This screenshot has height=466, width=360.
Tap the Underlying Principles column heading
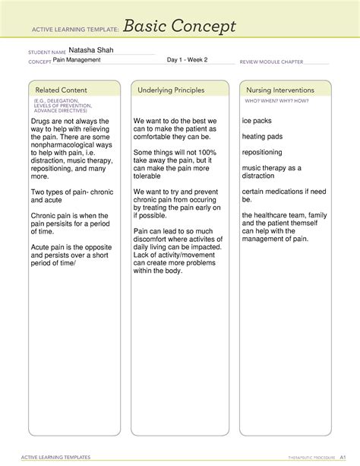point(171,90)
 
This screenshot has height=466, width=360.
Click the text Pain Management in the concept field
point(79,59)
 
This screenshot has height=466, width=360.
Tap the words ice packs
point(257,122)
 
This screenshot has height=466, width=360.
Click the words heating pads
point(262,137)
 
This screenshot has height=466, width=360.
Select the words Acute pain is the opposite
point(71,247)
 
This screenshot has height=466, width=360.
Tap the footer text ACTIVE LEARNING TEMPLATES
point(58,458)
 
